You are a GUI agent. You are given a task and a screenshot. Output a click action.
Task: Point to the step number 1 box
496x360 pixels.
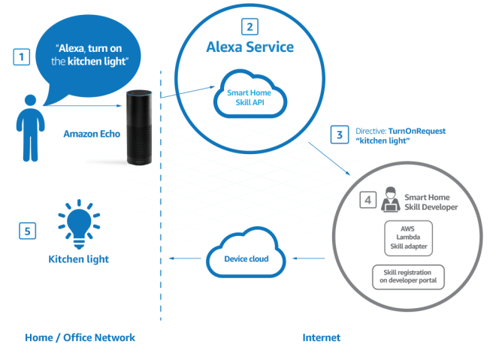tap(23, 55)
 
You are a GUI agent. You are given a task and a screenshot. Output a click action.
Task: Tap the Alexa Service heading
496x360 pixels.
tap(250, 47)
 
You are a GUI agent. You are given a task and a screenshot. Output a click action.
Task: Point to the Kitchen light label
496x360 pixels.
tap(79, 259)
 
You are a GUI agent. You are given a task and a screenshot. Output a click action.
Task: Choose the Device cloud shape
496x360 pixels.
tap(244, 259)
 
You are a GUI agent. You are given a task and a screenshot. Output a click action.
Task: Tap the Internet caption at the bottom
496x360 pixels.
tap(322, 337)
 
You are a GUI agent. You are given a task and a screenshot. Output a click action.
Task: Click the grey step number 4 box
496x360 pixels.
tap(369, 200)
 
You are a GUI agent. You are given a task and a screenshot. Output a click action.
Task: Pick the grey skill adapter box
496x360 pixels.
tap(407, 234)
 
